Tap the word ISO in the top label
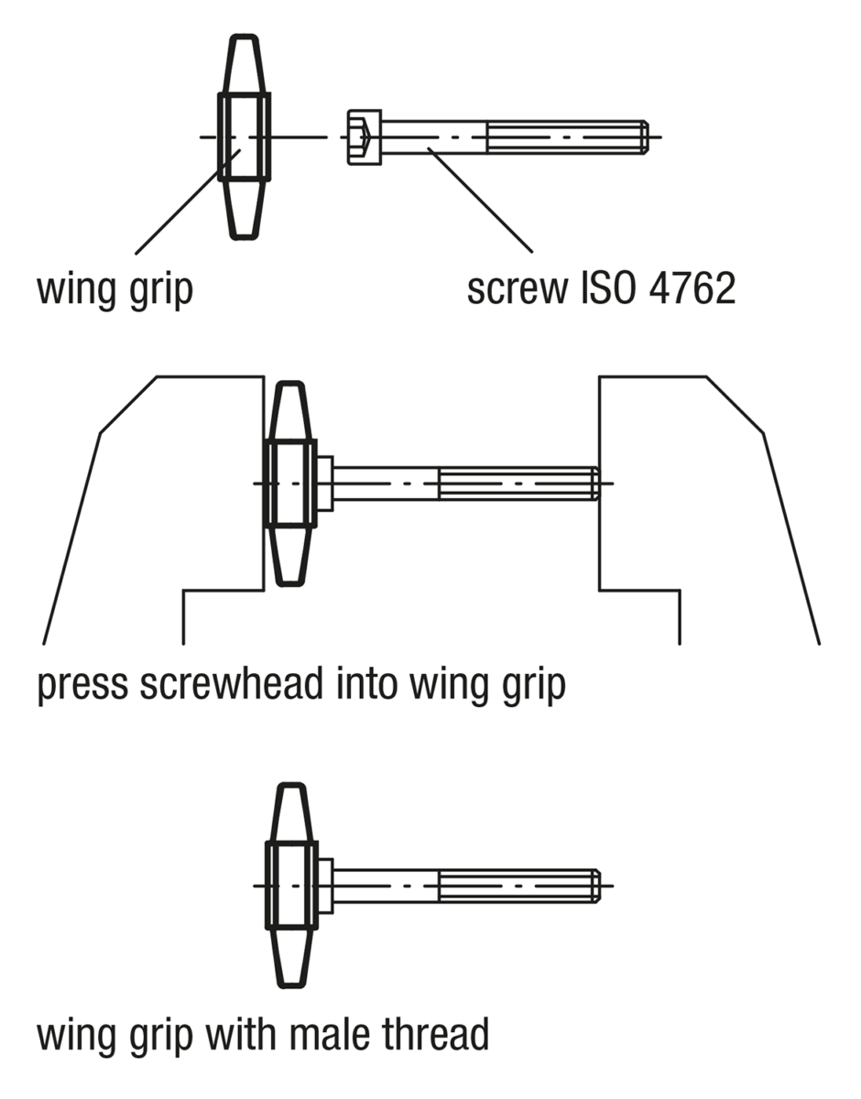coord(601,290)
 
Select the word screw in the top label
coord(517,290)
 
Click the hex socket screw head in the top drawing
coord(364,137)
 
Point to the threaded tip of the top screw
coord(643,137)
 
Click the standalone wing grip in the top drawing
coord(244,137)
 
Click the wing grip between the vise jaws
coord(290,483)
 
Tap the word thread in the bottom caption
coord(439,1034)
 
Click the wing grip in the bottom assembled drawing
coord(291,886)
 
